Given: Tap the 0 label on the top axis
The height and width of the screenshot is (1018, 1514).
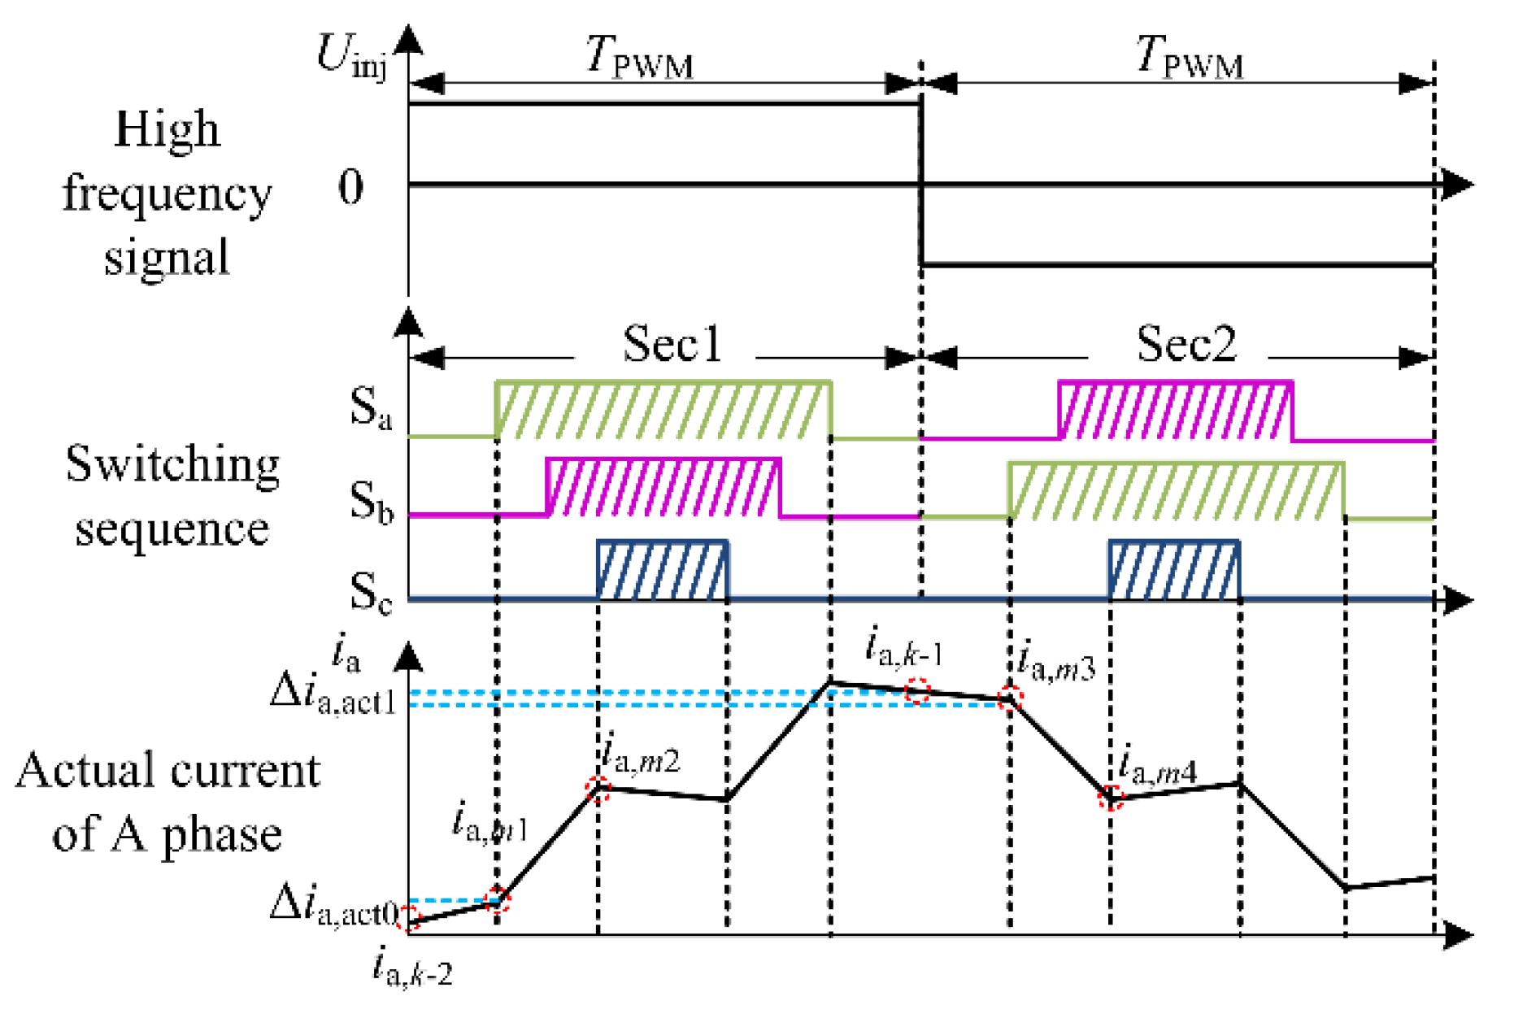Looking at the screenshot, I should coord(350,188).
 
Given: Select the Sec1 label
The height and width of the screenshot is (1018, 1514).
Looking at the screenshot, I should coord(672,344).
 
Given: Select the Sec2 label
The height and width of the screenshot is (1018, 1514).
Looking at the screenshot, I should coord(1186,344).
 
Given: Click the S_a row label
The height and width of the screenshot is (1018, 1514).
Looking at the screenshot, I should coord(370,407).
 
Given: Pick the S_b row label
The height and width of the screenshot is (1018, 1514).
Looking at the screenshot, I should coord(371,501).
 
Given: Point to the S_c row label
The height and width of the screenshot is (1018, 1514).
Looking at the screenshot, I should coord(370,592).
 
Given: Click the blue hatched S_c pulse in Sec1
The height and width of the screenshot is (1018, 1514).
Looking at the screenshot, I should coord(663,570).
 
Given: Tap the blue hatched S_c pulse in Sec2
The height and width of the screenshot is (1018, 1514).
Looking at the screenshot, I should coord(1175,570).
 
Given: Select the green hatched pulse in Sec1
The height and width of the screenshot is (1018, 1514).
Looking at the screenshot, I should coord(663,410).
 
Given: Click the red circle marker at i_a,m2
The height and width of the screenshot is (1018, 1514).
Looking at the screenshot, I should coord(598,789).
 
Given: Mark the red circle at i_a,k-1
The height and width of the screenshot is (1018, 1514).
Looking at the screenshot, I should coord(918,691).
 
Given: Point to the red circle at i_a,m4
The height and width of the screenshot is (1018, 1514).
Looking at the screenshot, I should coord(1111,798).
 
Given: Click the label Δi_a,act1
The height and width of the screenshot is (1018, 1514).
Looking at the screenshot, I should coord(333,695).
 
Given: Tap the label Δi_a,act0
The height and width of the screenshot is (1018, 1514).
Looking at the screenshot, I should coord(333,907).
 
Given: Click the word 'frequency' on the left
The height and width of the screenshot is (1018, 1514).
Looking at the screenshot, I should coord(167,194).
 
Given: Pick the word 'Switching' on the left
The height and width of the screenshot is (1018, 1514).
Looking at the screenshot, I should coord(172,465).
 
